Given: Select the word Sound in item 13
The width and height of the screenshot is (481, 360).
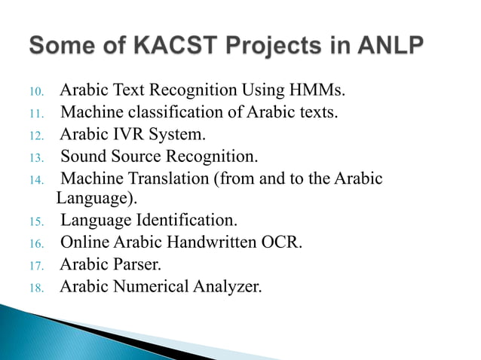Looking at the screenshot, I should point(82,157).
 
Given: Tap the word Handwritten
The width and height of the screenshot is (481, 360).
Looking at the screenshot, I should point(213,243).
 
